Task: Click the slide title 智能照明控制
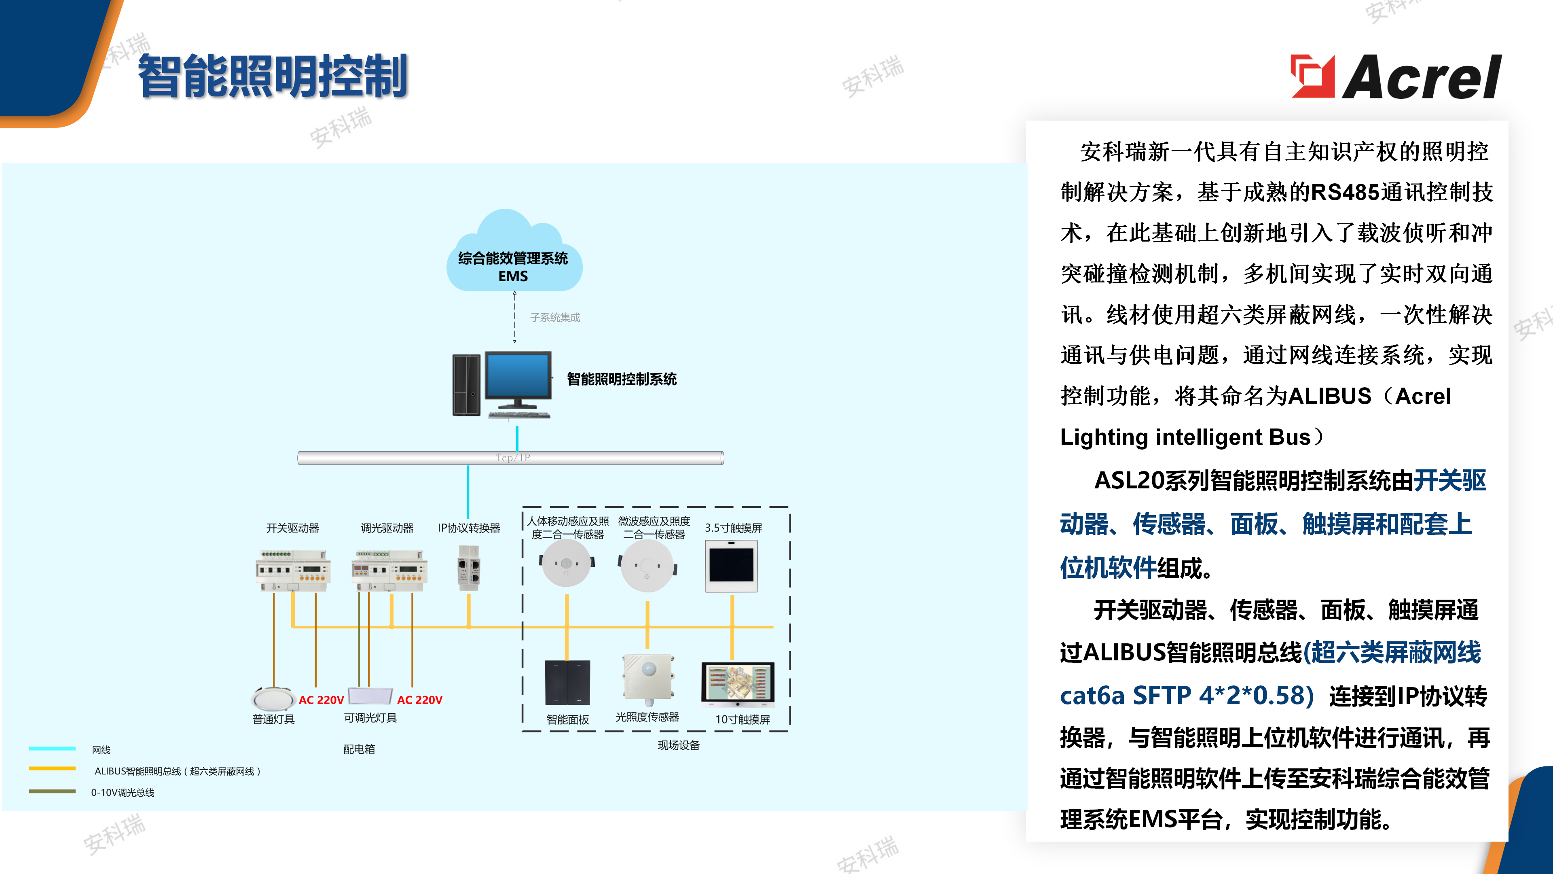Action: tap(273, 76)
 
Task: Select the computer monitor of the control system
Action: tap(518, 379)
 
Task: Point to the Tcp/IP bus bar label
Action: tap(512, 458)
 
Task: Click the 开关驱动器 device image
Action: tap(292, 570)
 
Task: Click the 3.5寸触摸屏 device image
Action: tap(731, 566)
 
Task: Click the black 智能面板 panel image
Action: tap(567, 682)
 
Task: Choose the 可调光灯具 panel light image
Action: tap(370, 696)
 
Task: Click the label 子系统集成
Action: tap(554, 317)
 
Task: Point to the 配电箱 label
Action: tap(359, 749)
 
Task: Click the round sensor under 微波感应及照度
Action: tap(647, 566)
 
